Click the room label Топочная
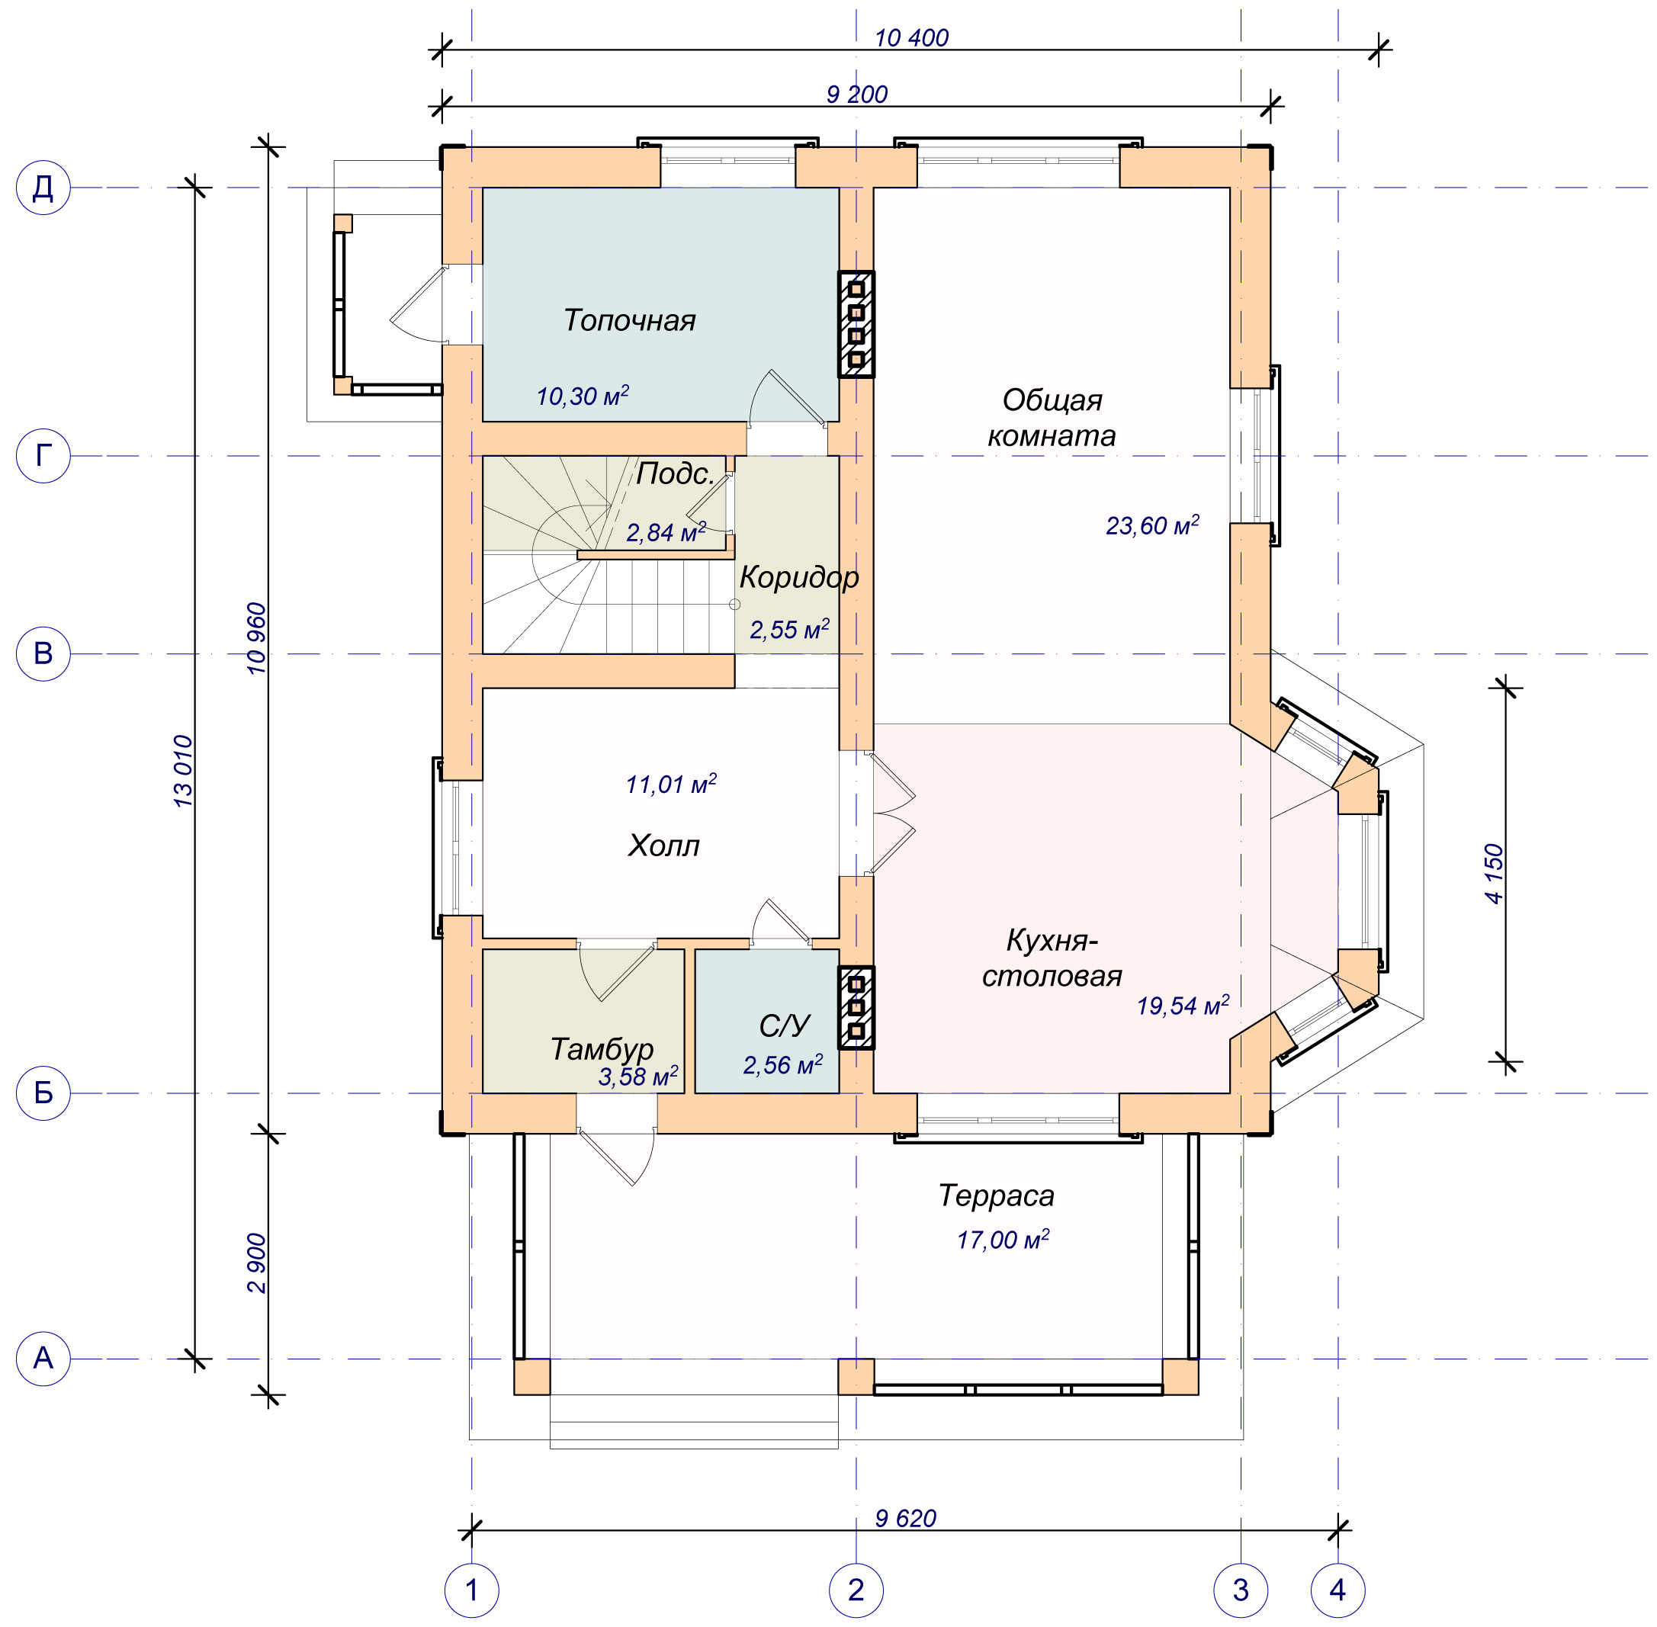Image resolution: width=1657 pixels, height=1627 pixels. click(x=629, y=320)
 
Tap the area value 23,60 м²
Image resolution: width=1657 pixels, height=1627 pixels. click(x=1152, y=525)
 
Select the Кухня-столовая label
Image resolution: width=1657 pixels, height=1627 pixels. click(x=1052, y=958)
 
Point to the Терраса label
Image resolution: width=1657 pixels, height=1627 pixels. click(x=997, y=1195)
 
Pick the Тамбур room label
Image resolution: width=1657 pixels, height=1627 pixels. click(x=602, y=1049)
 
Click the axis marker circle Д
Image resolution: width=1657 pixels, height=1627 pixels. click(x=43, y=187)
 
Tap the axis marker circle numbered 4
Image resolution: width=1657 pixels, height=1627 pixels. click(x=1337, y=1590)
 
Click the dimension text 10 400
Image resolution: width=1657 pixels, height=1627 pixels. click(x=911, y=37)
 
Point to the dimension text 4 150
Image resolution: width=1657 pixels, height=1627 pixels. click(x=1494, y=873)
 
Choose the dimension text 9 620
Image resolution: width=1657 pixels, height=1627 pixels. click(x=906, y=1519)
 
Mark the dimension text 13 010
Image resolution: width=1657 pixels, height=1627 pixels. click(x=183, y=771)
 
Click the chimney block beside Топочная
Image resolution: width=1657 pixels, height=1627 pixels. click(x=856, y=324)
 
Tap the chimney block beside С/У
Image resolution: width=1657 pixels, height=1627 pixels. click(x=856, y=1007)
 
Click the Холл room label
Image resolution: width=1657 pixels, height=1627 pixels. click(x=663, y=846)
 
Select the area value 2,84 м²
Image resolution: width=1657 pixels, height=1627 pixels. click(x=666, y=532)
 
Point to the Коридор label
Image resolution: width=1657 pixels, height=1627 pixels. click(x=799, y=578)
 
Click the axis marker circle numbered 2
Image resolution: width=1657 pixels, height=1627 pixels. click(x=856, y=1590)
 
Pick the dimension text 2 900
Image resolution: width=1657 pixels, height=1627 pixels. click(x=256, y=1263)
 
